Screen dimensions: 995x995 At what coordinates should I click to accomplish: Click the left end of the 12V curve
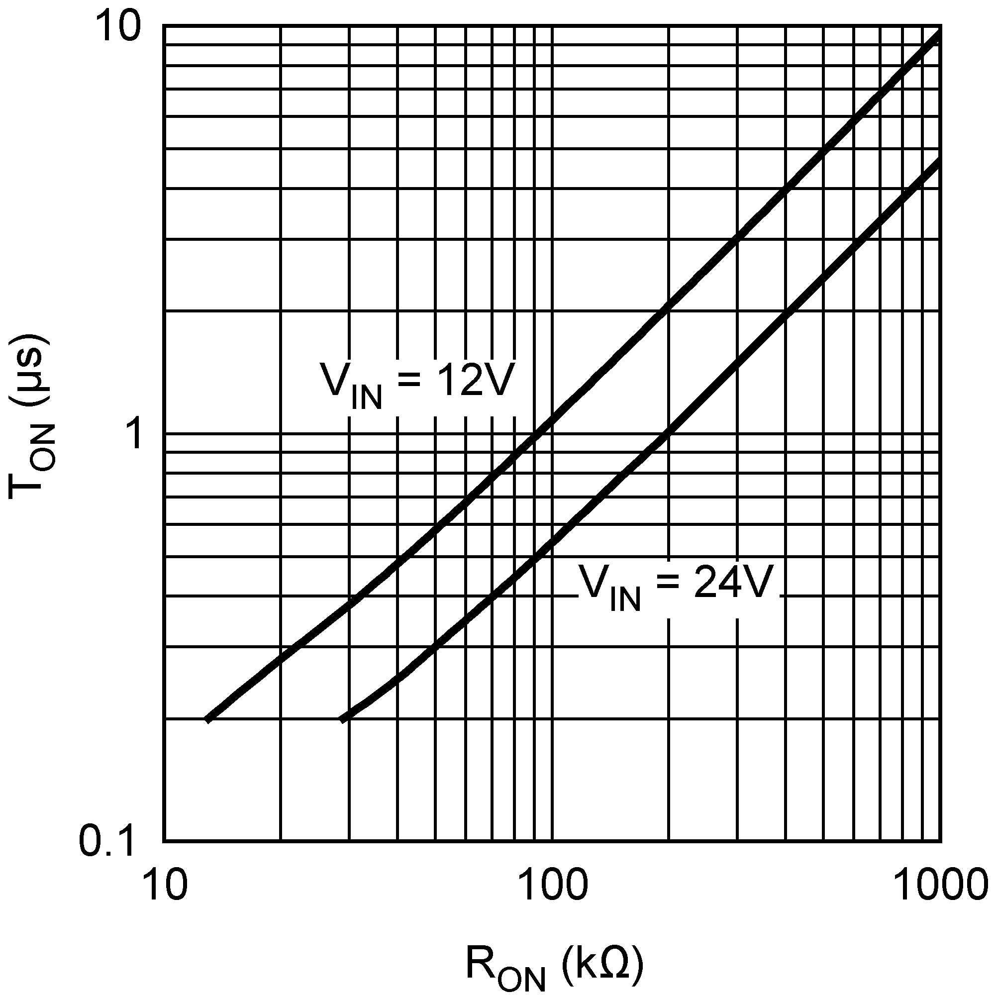(207, 719)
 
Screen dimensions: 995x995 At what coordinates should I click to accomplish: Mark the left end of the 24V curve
(341, 719)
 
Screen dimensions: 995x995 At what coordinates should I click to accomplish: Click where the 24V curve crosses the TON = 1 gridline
(668, 434)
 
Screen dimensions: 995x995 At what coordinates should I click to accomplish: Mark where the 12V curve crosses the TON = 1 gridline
(536, 434)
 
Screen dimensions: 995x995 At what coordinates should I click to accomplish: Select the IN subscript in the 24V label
(625, 600)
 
